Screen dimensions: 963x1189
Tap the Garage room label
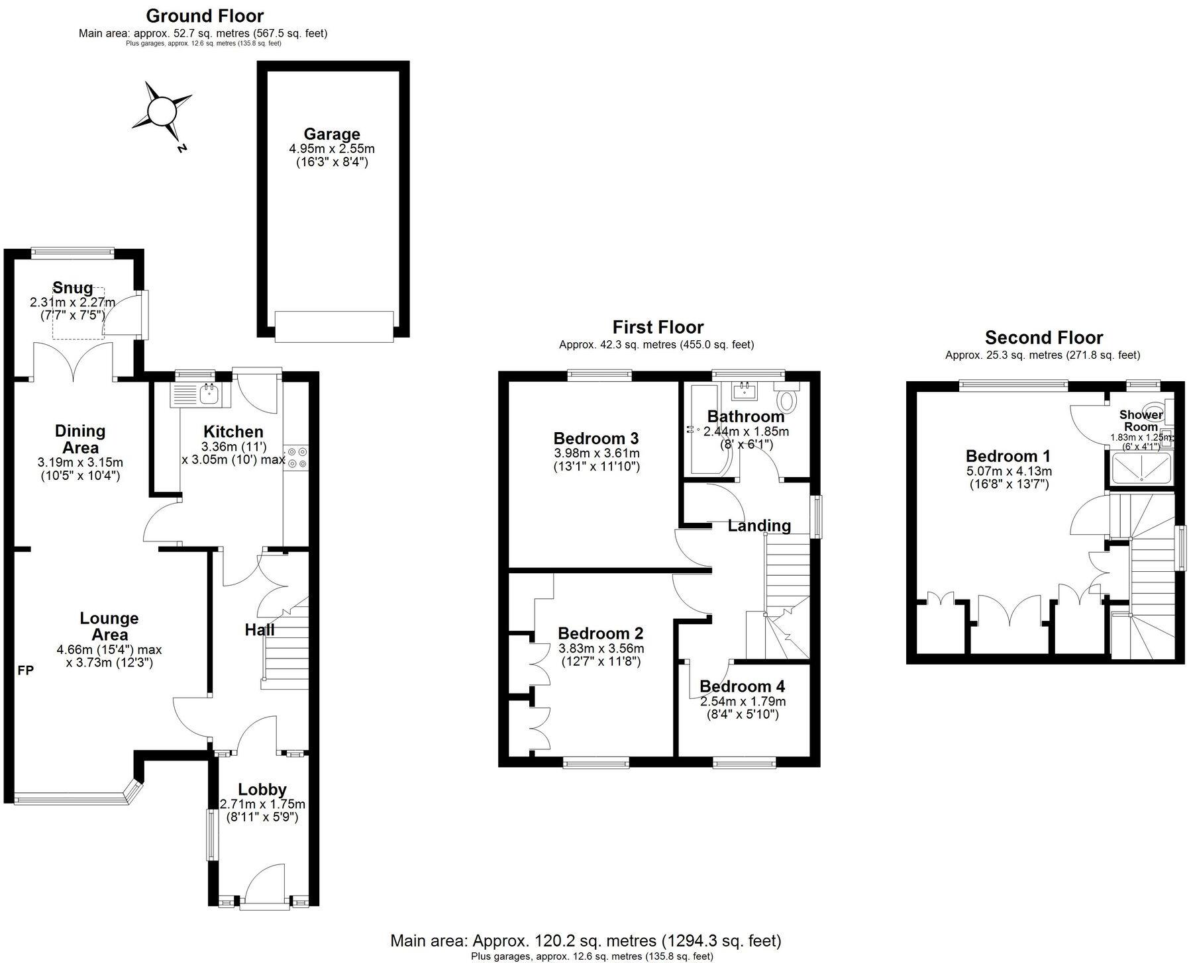click(x=331, y=134)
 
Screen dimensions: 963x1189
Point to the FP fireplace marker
click(x=25, y=670)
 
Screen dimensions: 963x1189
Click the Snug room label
click(x=72, y=287)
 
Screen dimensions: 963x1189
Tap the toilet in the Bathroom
click(x=788, y=400)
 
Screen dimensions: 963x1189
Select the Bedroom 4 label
click(x=745, y=686)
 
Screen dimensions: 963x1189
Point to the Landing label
click(x=759, y=526)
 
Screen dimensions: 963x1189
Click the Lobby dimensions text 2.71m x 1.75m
click(x=262, y=805)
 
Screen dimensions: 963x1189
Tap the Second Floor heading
click(x=1043, y=338)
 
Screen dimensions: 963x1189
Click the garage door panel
click(x=334, y=327)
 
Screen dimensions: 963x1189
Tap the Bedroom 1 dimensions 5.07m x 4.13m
click(x=1008, y=471)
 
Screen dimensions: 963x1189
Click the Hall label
click(x=259, y=629)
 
